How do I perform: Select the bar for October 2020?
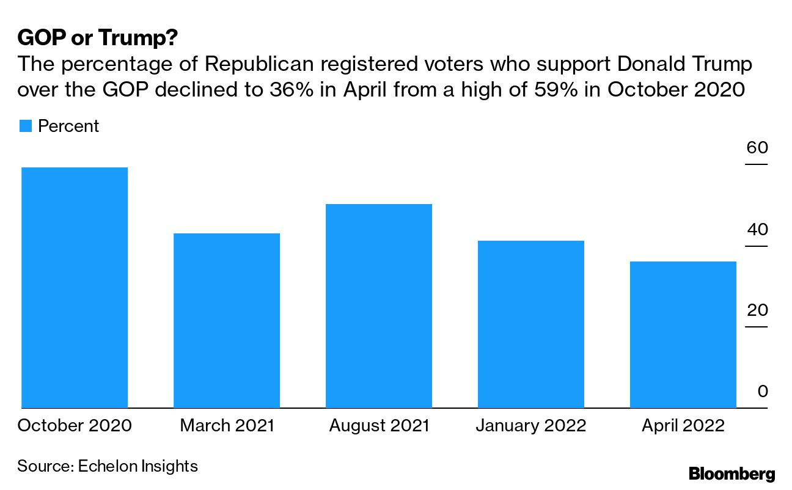(75, 287)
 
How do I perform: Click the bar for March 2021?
(227, 320)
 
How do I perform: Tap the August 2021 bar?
(379, 305)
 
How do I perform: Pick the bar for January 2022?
(531, 324)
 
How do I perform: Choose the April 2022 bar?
(683, 334)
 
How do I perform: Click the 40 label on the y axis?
(757, 230)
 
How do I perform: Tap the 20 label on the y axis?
(757, 310)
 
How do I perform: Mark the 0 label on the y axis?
(762, 392)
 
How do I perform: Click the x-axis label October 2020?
(75, 425)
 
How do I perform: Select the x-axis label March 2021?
(227, 425)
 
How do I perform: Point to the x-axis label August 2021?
(379, 425)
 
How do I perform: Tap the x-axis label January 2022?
(531, 425)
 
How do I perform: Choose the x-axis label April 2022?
(683, 425)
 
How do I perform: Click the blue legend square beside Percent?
(25, 126)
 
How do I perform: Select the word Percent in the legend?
(68, 126)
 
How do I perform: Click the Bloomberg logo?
(732, 474)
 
